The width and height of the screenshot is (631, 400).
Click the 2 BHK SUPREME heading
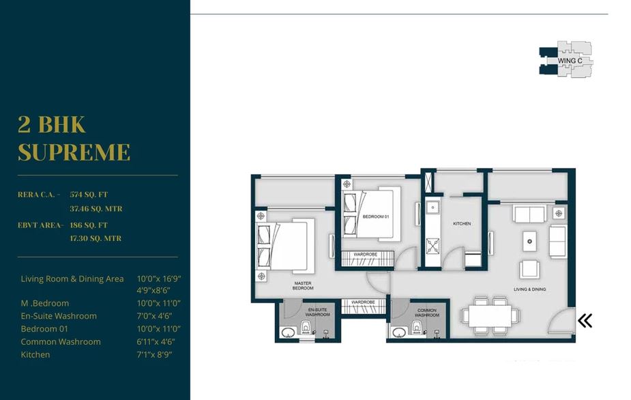tap(74, 139)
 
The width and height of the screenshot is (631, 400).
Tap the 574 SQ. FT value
tap(96, 195)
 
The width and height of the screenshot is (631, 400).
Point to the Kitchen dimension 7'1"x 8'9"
tap(154, 355)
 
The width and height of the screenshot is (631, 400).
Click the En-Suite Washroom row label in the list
tap(59, 316)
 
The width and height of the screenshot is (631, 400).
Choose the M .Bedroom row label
tap(45, 303)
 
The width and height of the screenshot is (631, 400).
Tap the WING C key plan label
tap(570, 61)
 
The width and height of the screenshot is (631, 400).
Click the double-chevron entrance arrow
tap(585, 320)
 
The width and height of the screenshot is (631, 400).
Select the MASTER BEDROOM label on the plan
tap(303, 286)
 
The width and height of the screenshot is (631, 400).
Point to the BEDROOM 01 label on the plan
tap(375, 217)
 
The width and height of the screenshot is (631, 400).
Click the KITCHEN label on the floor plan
tap(462, 224)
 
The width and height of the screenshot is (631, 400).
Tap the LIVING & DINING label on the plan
tap(529, 289)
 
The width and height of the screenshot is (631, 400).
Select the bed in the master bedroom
tap(284, 244)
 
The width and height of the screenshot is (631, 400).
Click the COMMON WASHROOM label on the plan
tap(426, 313)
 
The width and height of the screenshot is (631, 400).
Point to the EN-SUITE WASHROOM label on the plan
tap(317, 313)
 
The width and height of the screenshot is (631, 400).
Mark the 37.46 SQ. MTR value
tap(96, 208)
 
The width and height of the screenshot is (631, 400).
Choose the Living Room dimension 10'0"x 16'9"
tap(159, 278)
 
